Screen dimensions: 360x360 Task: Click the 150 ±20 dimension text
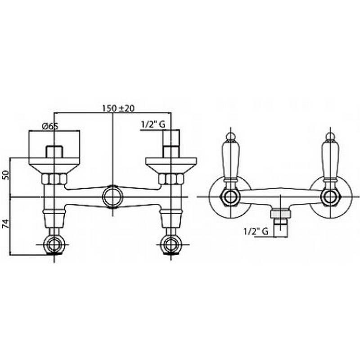pos(118,108)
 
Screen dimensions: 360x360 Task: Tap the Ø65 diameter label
pos(50,126)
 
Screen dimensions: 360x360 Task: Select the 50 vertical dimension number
pos(6,175)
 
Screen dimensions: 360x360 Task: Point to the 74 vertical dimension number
pos(6,223)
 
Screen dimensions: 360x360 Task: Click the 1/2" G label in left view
pos(153,124)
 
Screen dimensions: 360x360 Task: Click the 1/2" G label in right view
pos(256,231)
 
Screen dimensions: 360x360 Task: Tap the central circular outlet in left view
pos(113,197)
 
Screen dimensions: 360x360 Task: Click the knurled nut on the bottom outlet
pos(280,213)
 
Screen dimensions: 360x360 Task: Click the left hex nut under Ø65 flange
pos(54,179)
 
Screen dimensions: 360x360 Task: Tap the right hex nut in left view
pos(171,179)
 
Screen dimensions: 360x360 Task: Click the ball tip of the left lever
pos(230,136)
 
